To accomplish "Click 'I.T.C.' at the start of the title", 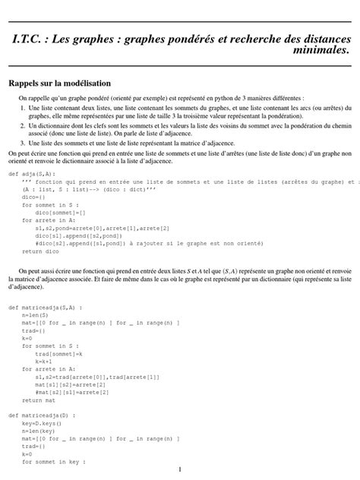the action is (33, 36).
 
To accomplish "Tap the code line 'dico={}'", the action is (33, 197).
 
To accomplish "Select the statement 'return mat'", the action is (40, 399).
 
